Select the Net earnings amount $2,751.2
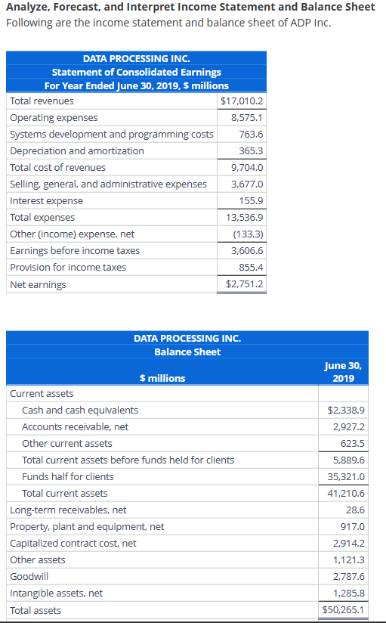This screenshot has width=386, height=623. point(244,284)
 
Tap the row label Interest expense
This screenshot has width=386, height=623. point(46,201)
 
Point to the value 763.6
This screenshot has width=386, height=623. point(251,135)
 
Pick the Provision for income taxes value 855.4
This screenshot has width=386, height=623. point(251,268)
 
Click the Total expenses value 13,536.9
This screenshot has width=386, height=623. point(245,218)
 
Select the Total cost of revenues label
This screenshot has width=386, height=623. point(57,168)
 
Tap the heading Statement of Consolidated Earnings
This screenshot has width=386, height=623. point(136,72)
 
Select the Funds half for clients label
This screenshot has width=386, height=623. point(68,477)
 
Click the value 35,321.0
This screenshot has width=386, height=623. point(345,477)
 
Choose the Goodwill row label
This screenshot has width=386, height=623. point(27,577)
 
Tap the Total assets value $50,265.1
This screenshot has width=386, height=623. point(343,610)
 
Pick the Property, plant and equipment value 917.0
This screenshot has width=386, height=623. point(353,527)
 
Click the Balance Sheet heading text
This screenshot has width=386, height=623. point(187,352)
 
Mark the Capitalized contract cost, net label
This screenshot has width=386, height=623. point(73,544)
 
